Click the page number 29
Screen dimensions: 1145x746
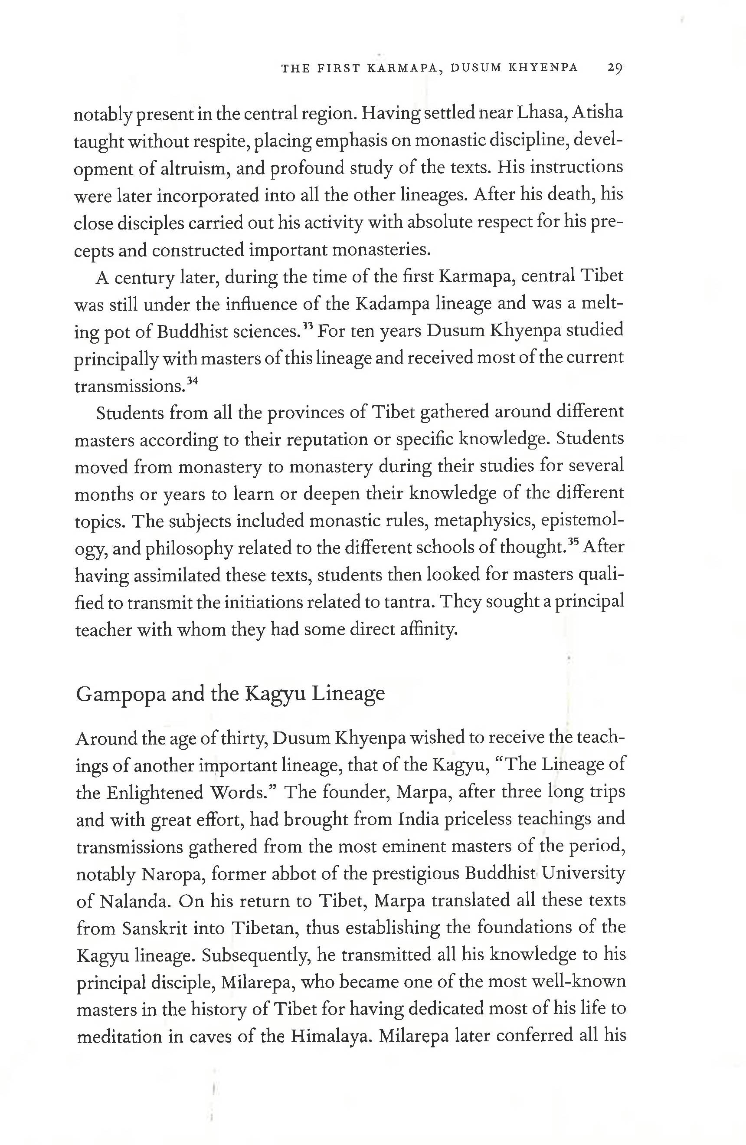615,67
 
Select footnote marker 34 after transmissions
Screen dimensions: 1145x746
193,381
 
